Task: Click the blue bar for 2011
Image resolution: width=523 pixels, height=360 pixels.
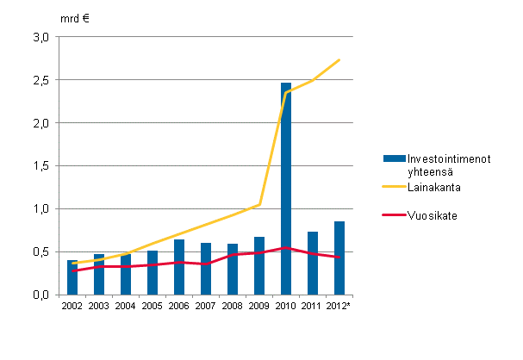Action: coord(313,264)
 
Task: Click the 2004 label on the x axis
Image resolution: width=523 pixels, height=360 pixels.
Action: coord(126,306)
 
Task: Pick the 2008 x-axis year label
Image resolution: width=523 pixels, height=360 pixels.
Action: coord(233,306)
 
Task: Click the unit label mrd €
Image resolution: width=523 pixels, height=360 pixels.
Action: coord(76,17)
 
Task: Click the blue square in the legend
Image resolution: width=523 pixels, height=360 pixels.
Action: coord(394,158)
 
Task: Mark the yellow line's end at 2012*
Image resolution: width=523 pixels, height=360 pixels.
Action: coord(339,60)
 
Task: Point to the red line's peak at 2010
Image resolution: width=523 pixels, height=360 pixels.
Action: coord(286,248)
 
